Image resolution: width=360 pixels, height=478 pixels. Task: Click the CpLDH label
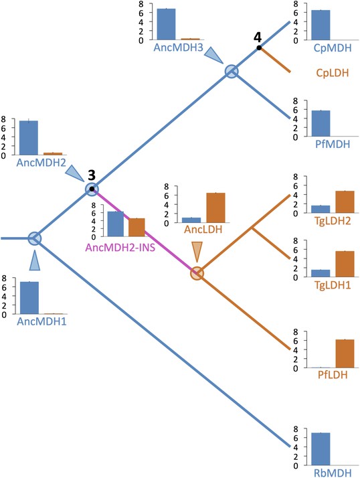(333, 73)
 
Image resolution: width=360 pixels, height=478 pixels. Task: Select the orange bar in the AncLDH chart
(215, 208)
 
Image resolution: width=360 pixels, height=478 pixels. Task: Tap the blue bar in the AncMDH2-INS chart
(116, 224)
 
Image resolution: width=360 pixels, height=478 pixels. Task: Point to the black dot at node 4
(259, 48)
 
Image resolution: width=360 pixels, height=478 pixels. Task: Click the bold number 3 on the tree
(92, 175)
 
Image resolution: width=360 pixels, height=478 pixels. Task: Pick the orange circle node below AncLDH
(197, 273)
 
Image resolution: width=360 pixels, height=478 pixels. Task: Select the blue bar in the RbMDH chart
(321, 449)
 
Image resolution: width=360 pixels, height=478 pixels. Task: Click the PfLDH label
(333, 374)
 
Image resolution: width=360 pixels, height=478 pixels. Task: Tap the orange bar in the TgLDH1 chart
(345, 264)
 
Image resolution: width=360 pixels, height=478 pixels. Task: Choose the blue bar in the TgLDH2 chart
(321, 209)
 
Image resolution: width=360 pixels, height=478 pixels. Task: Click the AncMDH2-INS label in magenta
(120, 247)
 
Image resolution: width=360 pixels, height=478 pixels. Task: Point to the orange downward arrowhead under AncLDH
(197, 252)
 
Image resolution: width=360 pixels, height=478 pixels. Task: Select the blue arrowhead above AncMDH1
(34, 260)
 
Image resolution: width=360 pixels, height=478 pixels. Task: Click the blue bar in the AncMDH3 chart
(166, 24)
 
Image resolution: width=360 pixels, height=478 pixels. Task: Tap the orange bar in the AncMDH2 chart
(53, 154)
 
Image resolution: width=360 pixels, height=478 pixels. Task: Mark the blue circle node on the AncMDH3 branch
(232, 72)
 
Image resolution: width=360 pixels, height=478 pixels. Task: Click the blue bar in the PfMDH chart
(321, 123)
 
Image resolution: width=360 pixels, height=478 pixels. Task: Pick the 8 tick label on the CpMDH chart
(295, 4)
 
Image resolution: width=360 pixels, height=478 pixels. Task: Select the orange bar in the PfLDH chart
(345, 353)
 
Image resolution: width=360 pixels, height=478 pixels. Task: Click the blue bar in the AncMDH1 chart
(29, 298)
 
